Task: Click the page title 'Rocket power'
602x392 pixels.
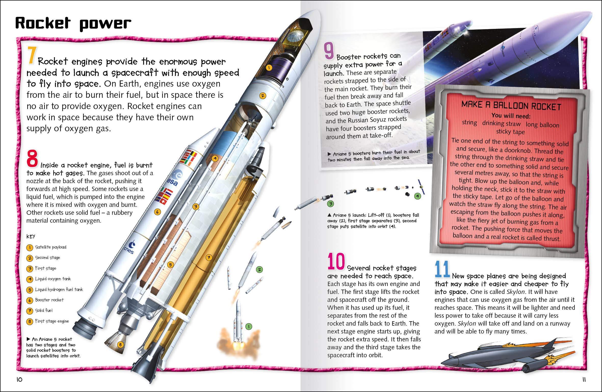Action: pyautogui.click(x=73, y=24)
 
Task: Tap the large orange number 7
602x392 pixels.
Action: pyautogui.click(x=31, y=56)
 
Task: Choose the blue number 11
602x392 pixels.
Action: pyautogui.click(x=442, y=269)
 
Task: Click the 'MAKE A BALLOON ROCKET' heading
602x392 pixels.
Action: pyautogui.click(x=511, y=105)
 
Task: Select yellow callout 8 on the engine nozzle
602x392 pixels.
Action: pyautogui.click(x=120, y=345)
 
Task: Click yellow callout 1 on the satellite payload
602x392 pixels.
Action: pyautogui.click(x=269, y=68)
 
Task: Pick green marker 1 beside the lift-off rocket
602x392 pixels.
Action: pyautogui.click(x=248, y=326)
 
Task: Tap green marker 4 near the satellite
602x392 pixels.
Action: pyautogui.click(x=417, y=196)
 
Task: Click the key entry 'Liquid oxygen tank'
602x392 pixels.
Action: pyautogui.click(x=53, y=279)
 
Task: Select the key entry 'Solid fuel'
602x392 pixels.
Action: pyautogui.click(x=44, y=311)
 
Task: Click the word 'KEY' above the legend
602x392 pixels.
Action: pyautogui.click(x=31, y=236)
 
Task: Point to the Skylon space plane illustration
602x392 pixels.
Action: pyautogui.click(x=507, y=358)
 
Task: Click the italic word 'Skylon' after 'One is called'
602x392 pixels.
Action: pyautogui.click(x=516, y=292)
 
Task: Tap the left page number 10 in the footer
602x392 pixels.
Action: pyautogui.click(x=19, y=380)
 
